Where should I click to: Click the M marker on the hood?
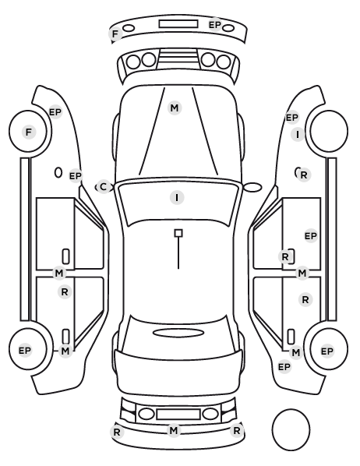(x=175, y=108)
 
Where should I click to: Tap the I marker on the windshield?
(x=177, y=198)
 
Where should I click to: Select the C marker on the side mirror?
(x=103, y=187)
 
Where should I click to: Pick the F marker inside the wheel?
(x=29, y=132)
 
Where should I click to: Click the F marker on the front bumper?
(x=115, y=34)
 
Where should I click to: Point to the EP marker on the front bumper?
(x=215, y=25)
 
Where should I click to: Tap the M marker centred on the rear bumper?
(x=174, y=430)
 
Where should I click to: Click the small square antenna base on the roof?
(x=178, y=233)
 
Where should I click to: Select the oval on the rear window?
(x=178, y=333)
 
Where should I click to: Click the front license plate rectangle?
(x=178, y=24)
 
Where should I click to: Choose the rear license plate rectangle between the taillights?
(x=178, y=414)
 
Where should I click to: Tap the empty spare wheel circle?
(x=291, y=429)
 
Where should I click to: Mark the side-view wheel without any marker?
(x=329, y=131)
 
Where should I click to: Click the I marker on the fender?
(x=298, y=135)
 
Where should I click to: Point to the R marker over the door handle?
(x=284, y=257)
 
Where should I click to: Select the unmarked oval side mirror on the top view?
(x=252, y=187)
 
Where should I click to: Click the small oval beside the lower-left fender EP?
(x=58, y=172)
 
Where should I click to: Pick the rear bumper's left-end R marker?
(x=117, y=432)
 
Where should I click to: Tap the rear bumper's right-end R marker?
(x=237, y=430)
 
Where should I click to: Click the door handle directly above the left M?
(x=65, y=337)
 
